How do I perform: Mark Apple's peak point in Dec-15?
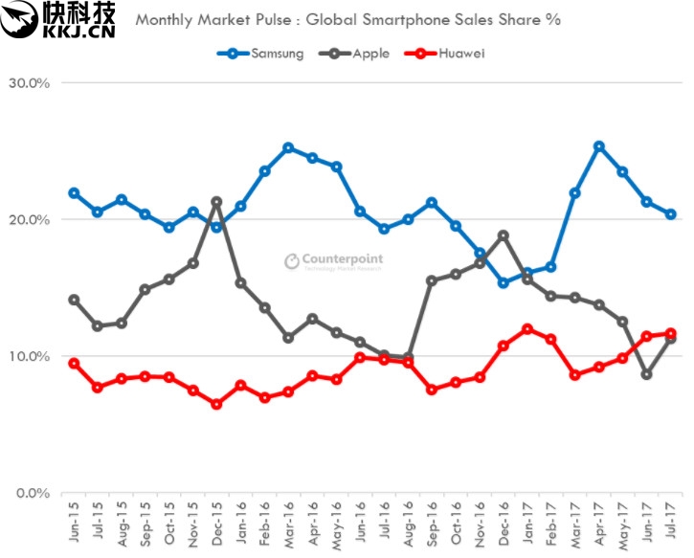pos(216,202)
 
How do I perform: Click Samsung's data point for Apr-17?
pos(598,146)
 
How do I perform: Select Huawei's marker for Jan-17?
pos(526,329)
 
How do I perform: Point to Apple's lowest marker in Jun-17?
pos(646,374)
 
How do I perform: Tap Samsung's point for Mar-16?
pos(288,147)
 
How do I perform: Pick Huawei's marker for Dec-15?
pos(216,404)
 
